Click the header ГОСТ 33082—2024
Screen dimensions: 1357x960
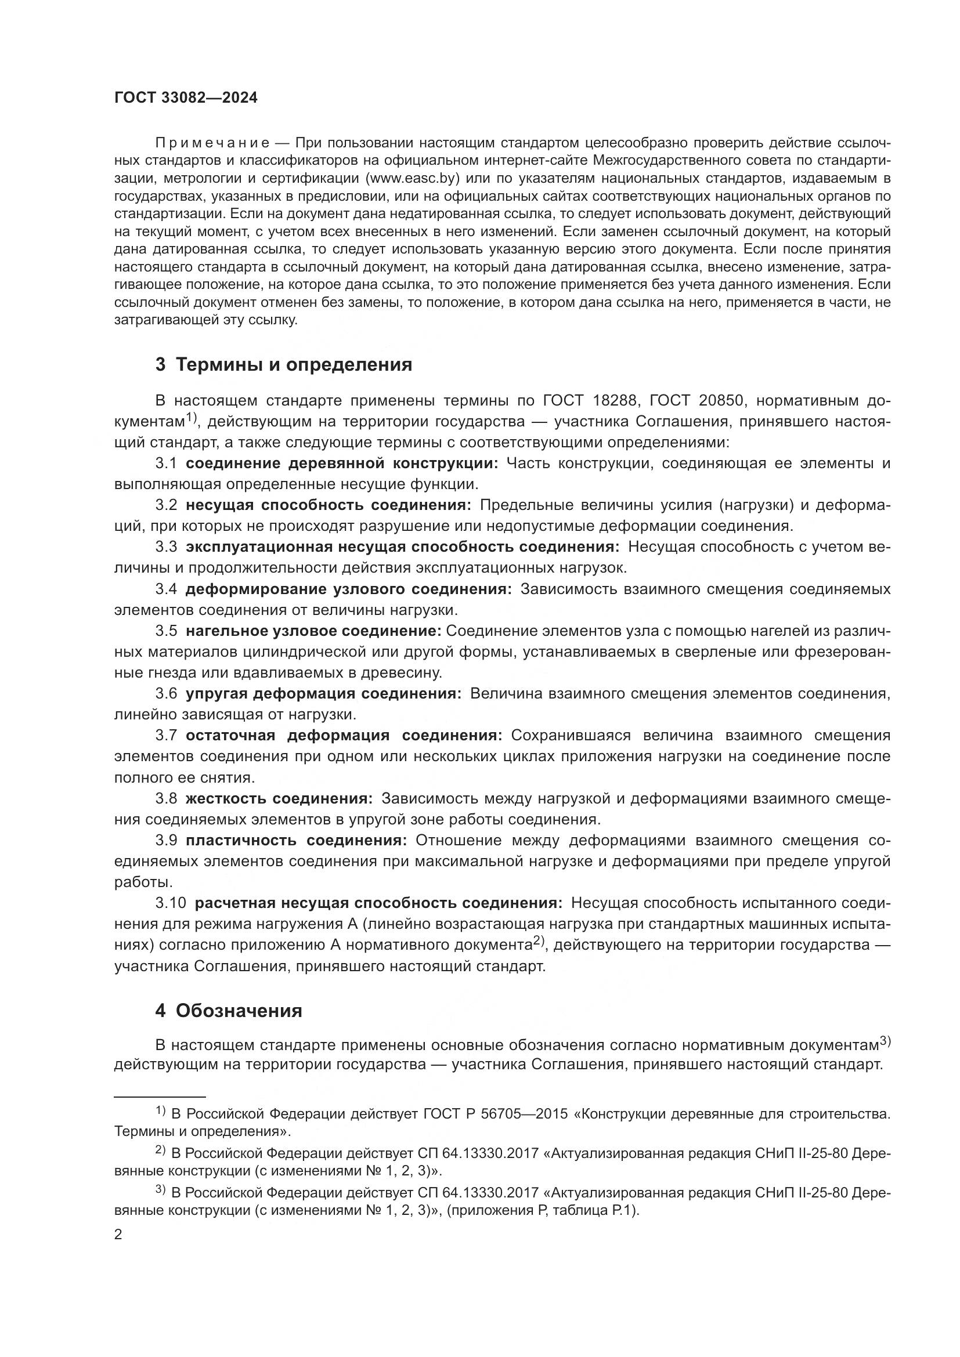click(x=186, y=98)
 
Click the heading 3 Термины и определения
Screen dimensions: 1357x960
click(x=284, y=365)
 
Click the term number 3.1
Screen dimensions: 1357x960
click(x=166, y=464)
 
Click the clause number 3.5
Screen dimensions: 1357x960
click(x=166, y=631)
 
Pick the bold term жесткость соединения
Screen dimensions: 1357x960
click(x=279, y=799)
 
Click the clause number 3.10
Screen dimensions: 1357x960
click(x=170, y=903)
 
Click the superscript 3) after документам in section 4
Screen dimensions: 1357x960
click(x=885, y=1041)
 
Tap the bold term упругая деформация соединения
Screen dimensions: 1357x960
click(x=323, y=694)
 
